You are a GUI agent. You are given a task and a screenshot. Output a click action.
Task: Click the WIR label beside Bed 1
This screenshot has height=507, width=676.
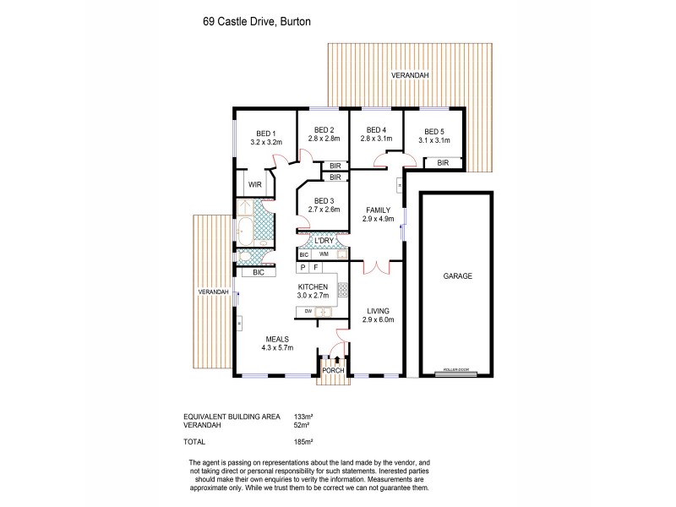[254, 183]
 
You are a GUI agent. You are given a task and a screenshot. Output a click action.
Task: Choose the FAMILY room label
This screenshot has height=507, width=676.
[376, 211]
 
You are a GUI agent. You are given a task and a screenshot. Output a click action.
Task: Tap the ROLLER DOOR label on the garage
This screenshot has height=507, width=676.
[456, 371]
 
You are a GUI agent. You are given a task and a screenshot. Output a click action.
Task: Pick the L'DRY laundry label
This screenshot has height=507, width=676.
[324, 241]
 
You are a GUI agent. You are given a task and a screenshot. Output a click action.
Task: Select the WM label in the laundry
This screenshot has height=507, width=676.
[324, 253]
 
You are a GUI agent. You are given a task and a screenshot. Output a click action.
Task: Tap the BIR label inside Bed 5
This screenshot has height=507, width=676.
[442, 162]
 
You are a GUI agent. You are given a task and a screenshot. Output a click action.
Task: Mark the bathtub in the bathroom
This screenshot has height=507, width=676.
[245, 228]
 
